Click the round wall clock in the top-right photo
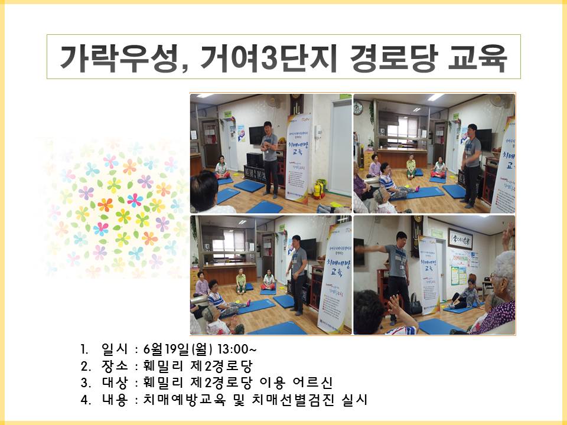pos(358,109)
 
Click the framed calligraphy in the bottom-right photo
pos(460,238)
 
